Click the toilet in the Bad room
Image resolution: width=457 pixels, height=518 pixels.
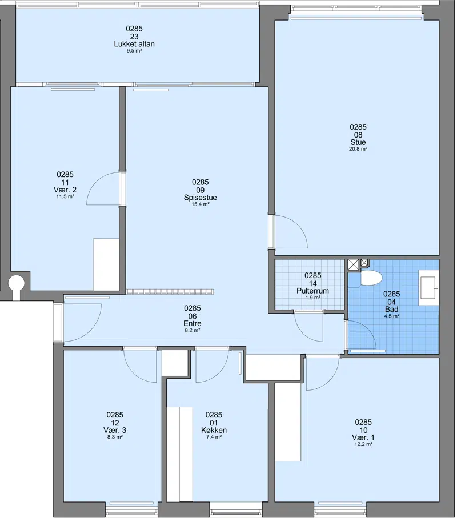[371, 278]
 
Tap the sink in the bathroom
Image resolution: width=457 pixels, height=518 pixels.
[429, 287]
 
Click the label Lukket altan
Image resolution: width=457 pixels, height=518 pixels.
[134, 44]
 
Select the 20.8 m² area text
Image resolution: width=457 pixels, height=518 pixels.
[358, 149]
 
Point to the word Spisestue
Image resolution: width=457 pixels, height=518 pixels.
[201, 198]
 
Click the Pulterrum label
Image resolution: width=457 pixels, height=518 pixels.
[312, 291]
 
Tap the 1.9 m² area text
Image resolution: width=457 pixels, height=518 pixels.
[313, 298]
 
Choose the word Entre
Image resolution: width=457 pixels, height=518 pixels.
[193, 324]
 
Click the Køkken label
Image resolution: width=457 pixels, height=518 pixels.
[214, 430]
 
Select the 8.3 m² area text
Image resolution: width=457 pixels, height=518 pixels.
[115, 437]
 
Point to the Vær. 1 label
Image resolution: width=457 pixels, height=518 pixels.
[363, 437]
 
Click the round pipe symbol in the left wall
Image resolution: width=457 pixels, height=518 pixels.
[16, 283]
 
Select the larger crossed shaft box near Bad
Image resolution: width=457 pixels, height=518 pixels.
[353, 265]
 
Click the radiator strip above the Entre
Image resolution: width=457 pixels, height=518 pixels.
[170, 292]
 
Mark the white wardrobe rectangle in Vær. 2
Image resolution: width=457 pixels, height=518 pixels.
[106, 264]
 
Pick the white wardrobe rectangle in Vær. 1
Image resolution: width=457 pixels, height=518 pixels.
[288, 422]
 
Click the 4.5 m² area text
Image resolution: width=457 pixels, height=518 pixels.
[391, 316]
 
